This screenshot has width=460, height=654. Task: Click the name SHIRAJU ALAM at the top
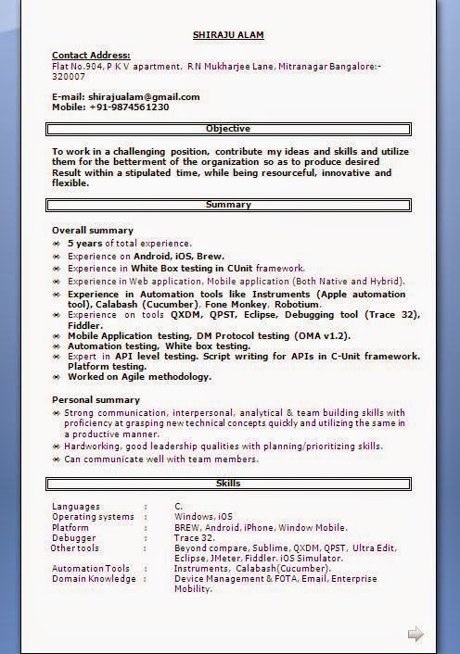point(228,35)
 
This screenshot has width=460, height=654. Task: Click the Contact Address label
point(91,56)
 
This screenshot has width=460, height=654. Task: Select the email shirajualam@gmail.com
point(144,96)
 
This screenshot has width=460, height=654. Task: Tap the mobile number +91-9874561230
point(129,107)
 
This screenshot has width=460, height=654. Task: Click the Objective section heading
point(228,129)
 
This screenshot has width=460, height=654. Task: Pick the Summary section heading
point(228,205)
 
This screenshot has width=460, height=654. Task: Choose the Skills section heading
point(228,484)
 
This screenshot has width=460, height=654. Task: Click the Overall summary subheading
point(93,230)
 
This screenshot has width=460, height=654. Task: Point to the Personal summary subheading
point(96,399)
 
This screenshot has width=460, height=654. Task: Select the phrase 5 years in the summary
point(86,243)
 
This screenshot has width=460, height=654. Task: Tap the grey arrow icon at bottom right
point(415,635)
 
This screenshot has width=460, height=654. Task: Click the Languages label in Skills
point(77,506)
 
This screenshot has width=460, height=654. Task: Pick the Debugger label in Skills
point(73,537)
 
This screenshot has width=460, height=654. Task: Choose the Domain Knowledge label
point(94,579)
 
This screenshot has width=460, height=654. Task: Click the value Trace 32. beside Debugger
point(194,537)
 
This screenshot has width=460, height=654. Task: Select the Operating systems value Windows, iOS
point(203,516)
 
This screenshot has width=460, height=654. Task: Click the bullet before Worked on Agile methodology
point(57,377)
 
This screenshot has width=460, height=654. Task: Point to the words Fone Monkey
point(235,304)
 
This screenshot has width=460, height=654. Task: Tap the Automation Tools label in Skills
point(91,569)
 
